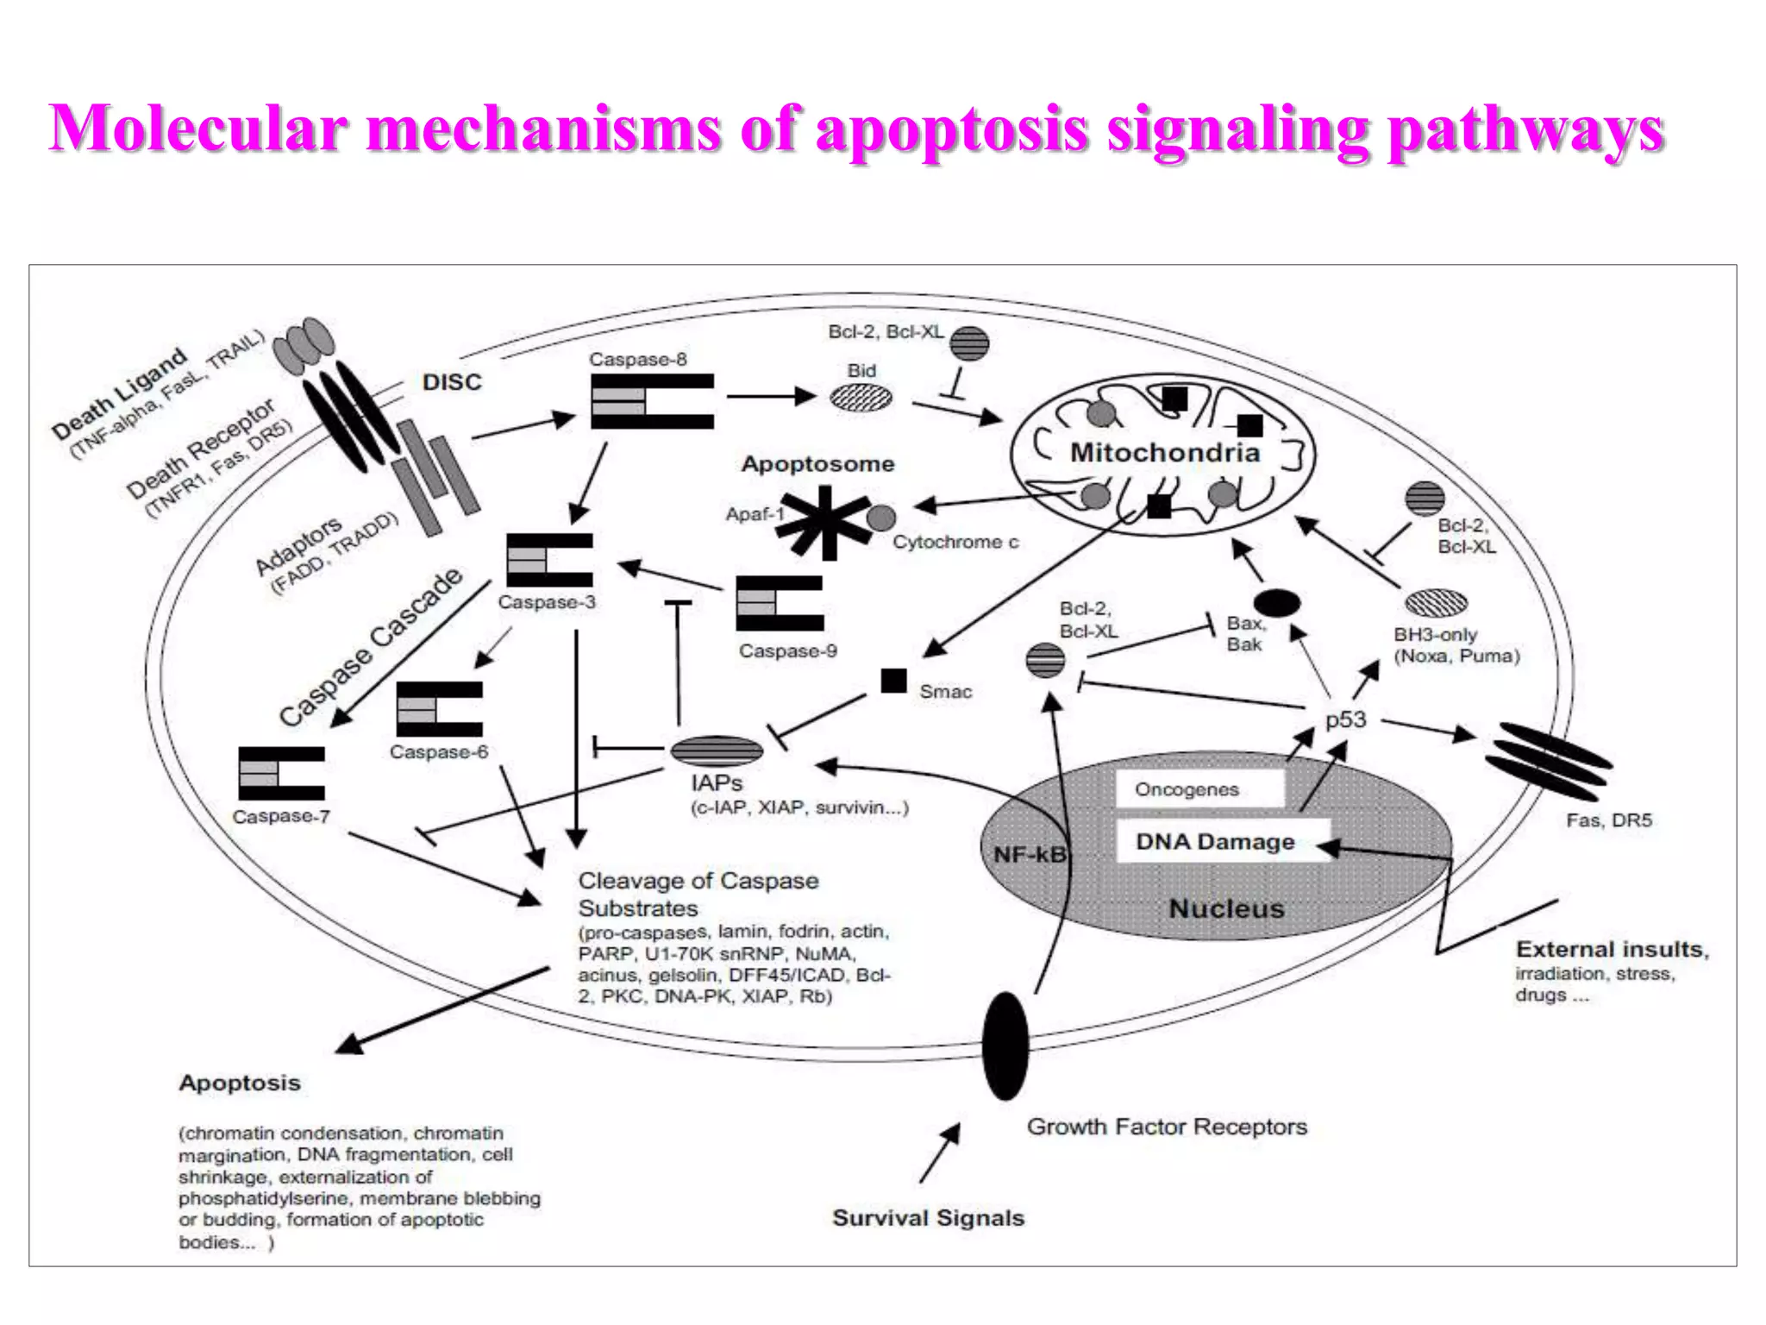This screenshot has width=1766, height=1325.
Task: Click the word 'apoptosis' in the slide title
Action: click(951, 129)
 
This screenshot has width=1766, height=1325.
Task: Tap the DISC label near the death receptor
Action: click(452, 382)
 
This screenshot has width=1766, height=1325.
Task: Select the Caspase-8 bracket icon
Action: click(653, 401)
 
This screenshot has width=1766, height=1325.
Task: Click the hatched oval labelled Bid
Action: click(861, 398)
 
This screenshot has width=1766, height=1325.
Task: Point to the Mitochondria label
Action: click(1165, 452)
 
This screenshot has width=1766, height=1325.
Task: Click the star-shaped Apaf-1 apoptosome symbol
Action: click(824, 521)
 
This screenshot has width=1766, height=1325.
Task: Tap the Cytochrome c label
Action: click(955, 542)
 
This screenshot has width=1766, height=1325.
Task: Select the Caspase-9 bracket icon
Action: click(780, 604)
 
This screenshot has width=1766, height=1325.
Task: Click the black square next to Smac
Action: click(893, 681)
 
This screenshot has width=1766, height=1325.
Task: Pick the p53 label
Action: click(1346, 719)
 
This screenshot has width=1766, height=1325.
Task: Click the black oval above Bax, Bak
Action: click(1277, 603)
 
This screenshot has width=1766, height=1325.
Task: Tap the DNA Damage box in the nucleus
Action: click(1215, 841)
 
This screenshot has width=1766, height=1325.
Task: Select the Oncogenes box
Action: click(1187, 789)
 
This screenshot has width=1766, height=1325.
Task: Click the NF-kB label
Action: click(1030, 855)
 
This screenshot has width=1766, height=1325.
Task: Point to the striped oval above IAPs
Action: click(717, 751)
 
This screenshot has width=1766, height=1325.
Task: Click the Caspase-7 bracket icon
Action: click(282, 774)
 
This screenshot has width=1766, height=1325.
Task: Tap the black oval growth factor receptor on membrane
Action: click(1005, 1046)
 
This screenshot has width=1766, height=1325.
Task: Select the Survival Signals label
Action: click(928, 1218)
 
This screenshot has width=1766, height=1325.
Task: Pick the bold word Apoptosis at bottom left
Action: click(240, 1083)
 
